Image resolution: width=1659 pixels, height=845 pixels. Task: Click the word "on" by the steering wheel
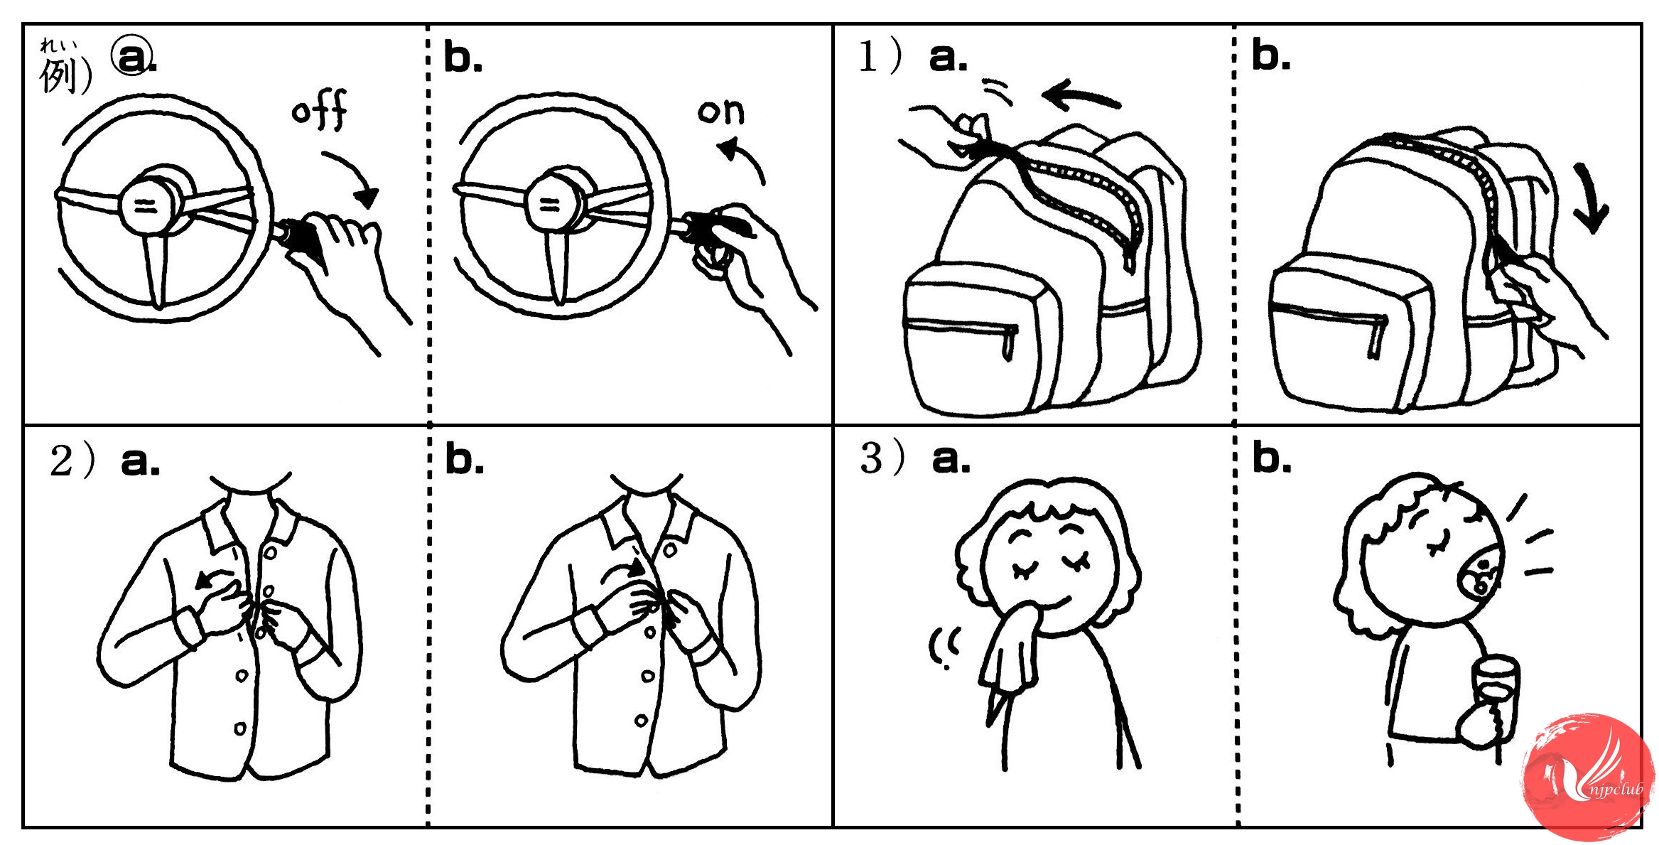(720, 112)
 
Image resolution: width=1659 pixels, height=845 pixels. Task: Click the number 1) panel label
(880, 57)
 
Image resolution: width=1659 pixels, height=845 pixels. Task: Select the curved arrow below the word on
(742, 159)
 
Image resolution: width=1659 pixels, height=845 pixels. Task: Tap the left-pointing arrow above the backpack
(1080, 96)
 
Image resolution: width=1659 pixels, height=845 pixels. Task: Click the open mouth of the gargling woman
(1481, 576)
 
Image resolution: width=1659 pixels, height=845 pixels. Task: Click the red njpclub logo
(1589, 778)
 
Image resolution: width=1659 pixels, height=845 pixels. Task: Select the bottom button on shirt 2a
(240, 728)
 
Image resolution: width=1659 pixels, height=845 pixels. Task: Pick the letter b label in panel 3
(1271, 458)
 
